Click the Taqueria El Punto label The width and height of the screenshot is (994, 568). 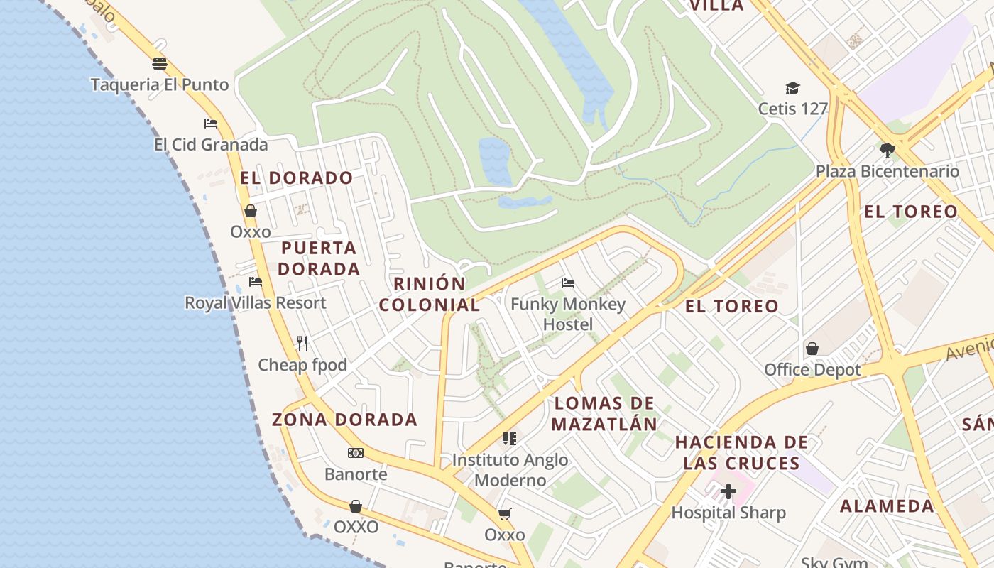pos(160,84)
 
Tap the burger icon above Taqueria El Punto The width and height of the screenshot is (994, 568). pos(160,64)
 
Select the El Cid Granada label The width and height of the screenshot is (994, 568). pos(211,145)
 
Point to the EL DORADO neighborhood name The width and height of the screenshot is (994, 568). pos(296,177)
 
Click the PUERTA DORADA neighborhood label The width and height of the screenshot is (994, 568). pos(319,258)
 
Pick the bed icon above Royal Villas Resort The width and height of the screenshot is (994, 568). pos(256,282)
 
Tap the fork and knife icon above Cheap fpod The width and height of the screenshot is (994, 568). pos(302,344)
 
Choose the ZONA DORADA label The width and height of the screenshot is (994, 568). pos(345,420)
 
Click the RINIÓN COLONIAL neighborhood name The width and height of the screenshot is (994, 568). pos(430,294)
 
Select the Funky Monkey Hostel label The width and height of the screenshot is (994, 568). pos(568,314)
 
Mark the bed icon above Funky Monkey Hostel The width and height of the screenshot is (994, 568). pos(568,283)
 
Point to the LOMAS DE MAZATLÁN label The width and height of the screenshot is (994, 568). pos(604,414)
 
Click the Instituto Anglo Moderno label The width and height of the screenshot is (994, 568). pos(510,469)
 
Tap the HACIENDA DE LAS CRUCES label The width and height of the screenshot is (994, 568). pos(741,453)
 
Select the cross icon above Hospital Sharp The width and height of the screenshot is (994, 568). pos(728,491)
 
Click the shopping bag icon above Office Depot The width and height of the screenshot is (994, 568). pos(812,349)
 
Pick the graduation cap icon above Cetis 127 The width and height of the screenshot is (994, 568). pos(792,88)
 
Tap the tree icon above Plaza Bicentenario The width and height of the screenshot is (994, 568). pos(887,150)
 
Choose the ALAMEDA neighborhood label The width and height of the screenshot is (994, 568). pos(887,506)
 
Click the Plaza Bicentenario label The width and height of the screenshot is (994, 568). pos(887,171)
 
